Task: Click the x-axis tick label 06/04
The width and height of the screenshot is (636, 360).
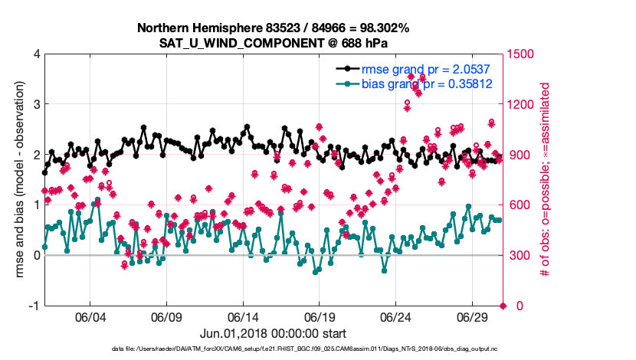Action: coord(90,317)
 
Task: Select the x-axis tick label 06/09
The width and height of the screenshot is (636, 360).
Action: coord(166,317)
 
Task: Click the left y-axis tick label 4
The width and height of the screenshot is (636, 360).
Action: coord(36,54)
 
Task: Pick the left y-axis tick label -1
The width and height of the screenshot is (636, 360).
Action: coord(34,306)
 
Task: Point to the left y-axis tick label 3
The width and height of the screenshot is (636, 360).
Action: coord(36,104)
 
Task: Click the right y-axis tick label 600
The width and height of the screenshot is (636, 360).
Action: coord(520,205)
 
